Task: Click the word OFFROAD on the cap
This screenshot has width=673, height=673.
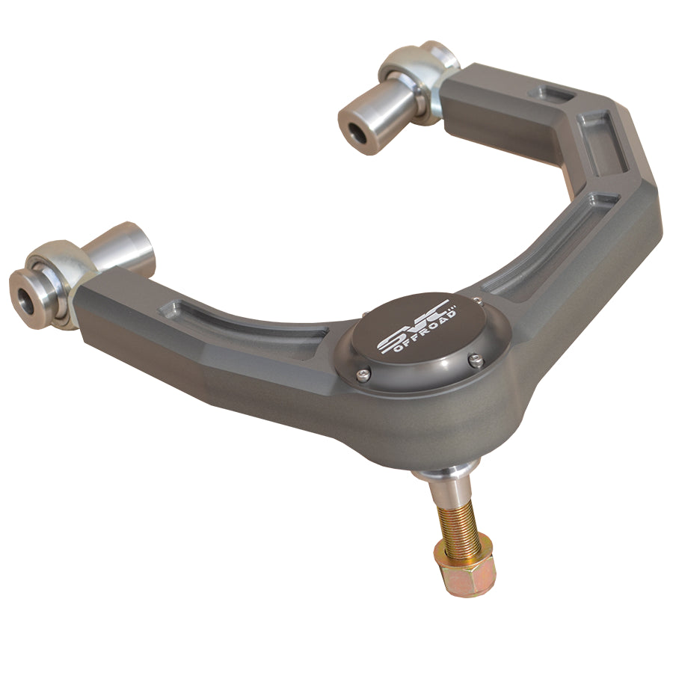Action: tap(424, 331)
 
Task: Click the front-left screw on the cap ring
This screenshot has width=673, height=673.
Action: tap(364, 375)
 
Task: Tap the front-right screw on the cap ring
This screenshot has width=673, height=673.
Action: tap(475, 360)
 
